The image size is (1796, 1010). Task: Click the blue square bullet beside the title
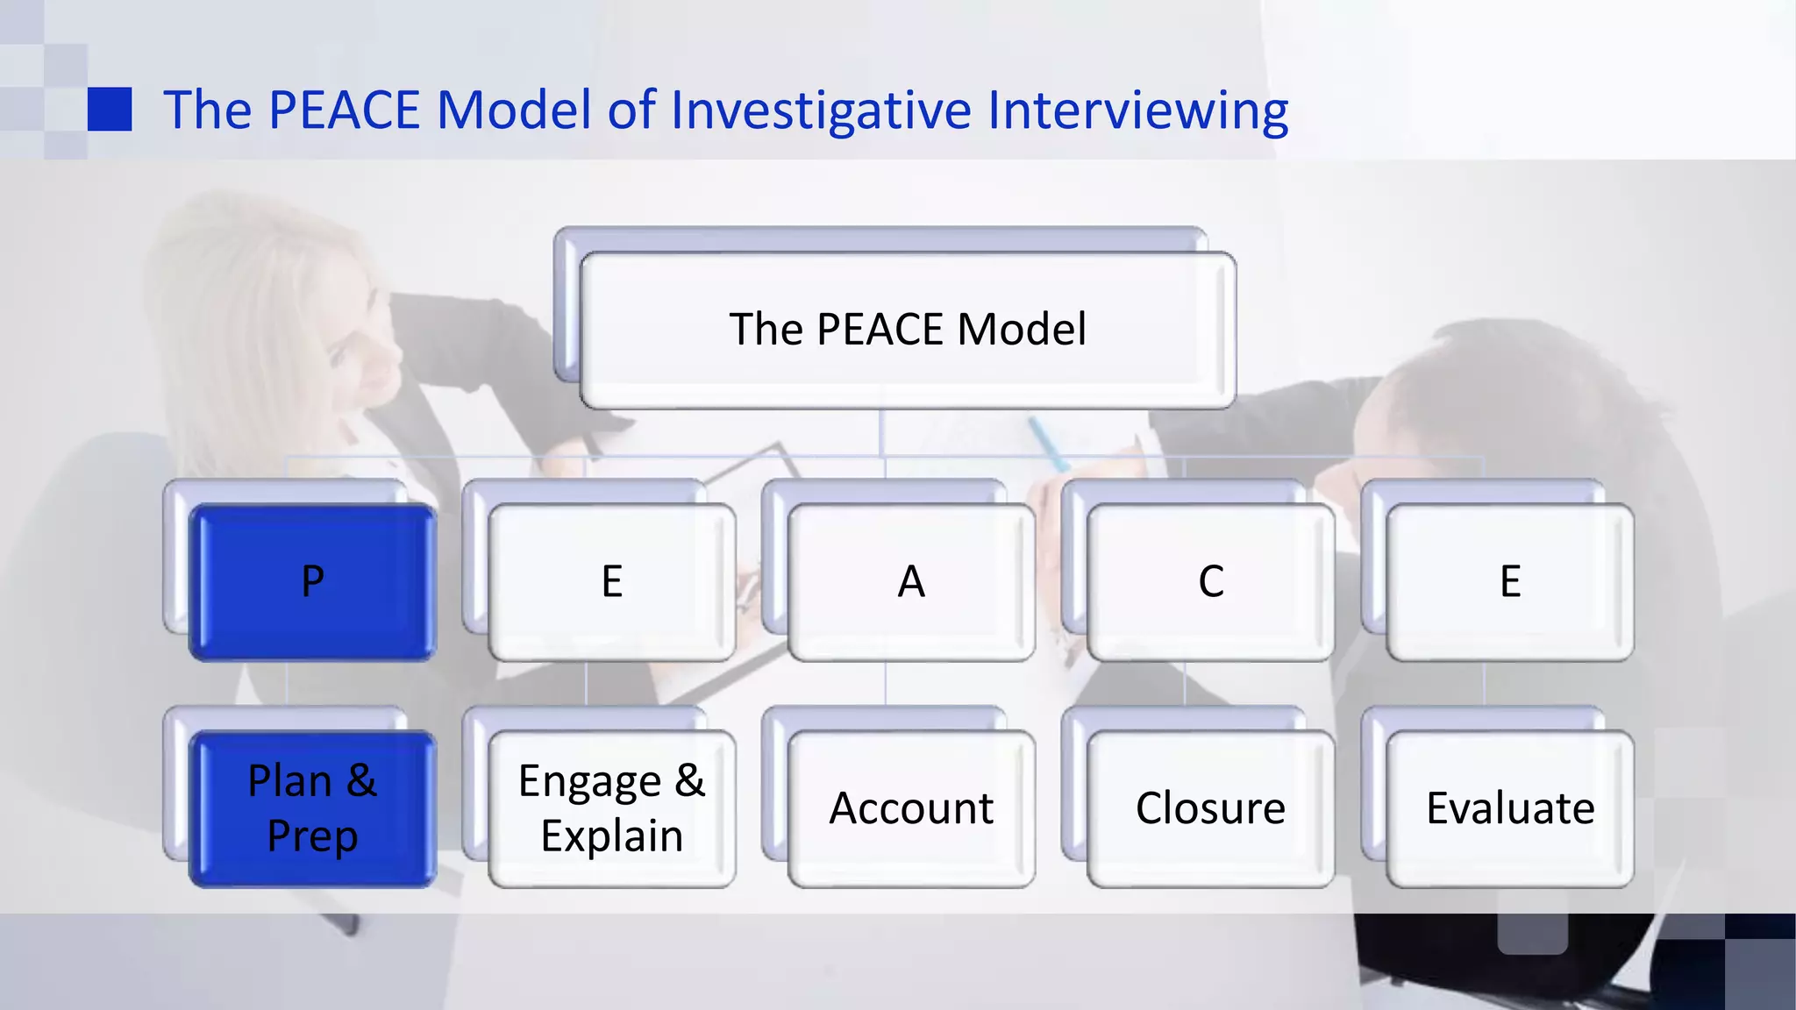pos(110,109)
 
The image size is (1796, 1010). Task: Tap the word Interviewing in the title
pos(1137,110)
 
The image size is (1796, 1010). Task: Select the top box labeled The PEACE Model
pos(908,330)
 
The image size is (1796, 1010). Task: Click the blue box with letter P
pos(312,582)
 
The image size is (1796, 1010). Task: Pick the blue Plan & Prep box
pos(312,808)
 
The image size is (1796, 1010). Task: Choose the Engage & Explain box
pos(611,808)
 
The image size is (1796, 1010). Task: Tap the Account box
pos(911,808)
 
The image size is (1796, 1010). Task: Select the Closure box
pos(1210,808)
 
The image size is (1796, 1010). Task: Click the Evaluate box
pos(1509,808)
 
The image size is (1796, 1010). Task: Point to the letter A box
pos(911,582)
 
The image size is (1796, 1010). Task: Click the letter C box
pos(1210,582)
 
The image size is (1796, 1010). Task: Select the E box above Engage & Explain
pos(611,582)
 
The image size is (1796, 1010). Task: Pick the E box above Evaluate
pos(1509,582)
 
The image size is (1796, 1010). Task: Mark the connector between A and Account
pos(886,684)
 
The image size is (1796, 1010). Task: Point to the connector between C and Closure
pos(1185,684)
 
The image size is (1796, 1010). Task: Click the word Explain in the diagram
pos(611,836)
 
